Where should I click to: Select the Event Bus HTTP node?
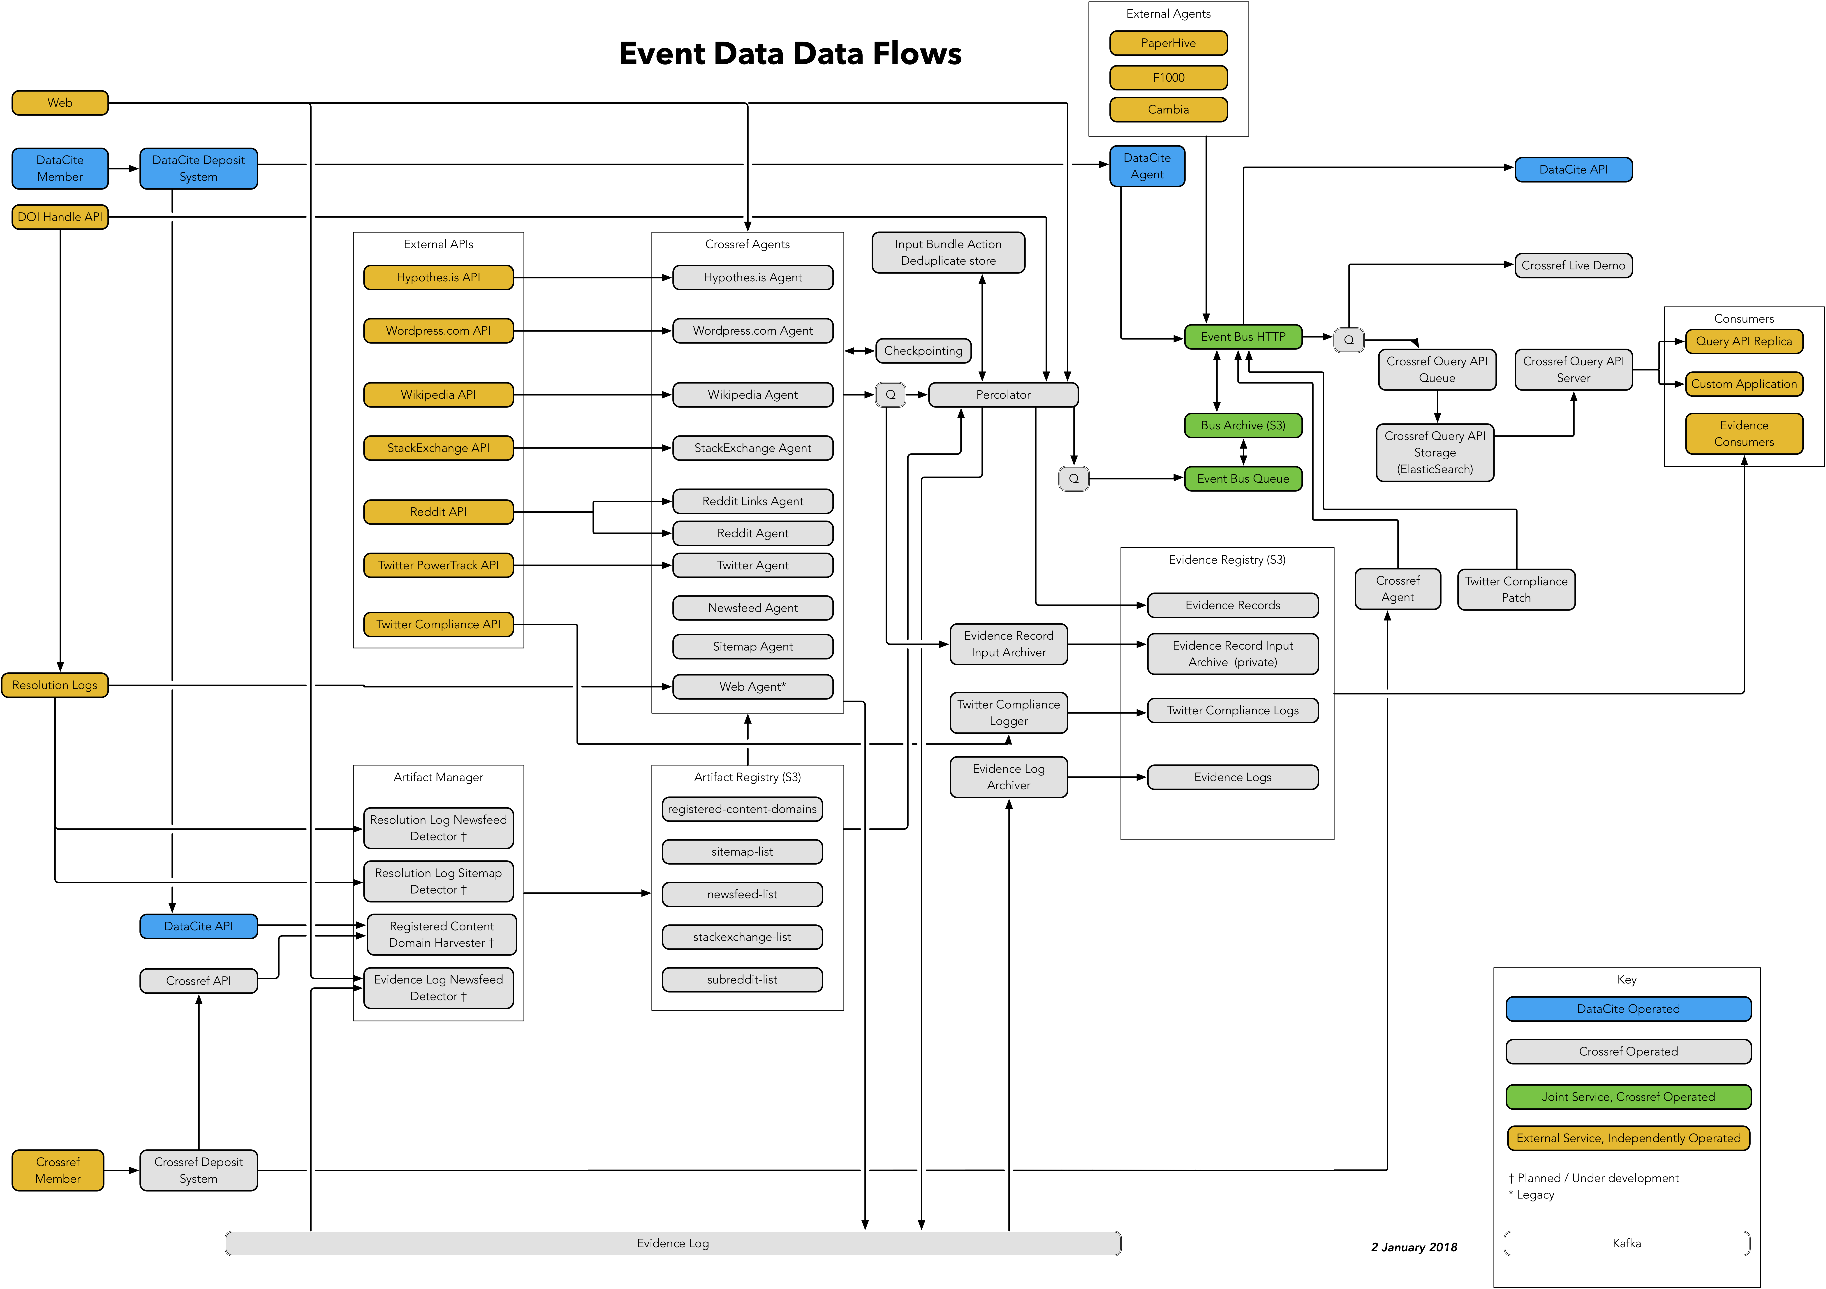1242,336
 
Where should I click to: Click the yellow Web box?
60,103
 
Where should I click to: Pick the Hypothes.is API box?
438,278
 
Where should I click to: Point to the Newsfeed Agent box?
752,608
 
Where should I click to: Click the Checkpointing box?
923,351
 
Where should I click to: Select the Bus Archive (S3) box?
1242,426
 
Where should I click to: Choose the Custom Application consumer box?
1743,384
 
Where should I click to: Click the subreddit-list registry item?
742,980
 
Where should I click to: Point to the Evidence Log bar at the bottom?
673,1243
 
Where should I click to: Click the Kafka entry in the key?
1626,1243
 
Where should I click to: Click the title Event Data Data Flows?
790,53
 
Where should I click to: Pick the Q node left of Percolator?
890,394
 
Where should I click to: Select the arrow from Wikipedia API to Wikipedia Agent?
592,394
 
